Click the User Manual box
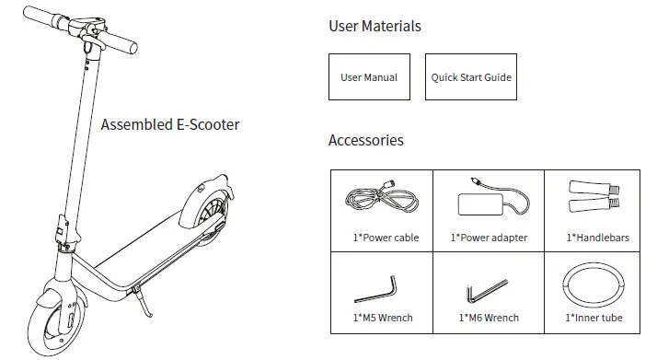(x=369, y=77)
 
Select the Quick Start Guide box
(x=471, y=77)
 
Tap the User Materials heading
(x=375, y=26)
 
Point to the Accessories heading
(x=365, y=141)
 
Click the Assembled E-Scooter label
(x=170, y=124)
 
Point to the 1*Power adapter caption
(x=487, y=238)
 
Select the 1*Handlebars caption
(x=597, y=238)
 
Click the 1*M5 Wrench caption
(x=383, y=319)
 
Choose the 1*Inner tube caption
(x=597, y=319)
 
